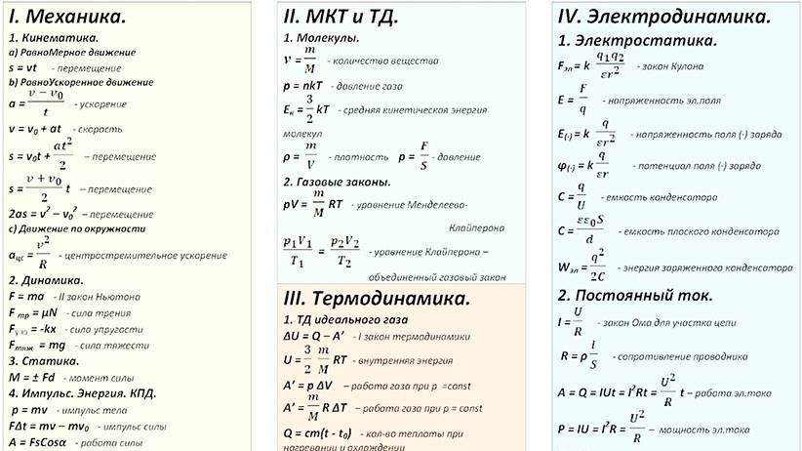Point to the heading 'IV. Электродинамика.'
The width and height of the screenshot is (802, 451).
(663, 17)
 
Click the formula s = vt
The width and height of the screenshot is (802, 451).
(21, 69)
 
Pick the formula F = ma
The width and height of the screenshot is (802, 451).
(26, 294)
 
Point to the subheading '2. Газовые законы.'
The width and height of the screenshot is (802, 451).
(337, 183)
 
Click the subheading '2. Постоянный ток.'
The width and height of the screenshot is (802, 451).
(634, 294)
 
